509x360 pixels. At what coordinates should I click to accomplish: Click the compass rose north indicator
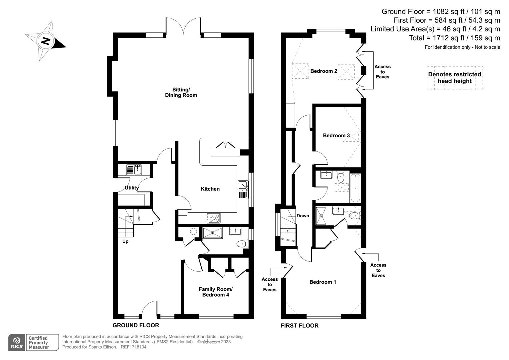click(x=46, y=41)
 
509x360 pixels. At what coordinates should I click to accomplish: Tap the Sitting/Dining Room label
click(x=181, y=92)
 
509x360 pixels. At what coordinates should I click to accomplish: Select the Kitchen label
click(x=210, y=189)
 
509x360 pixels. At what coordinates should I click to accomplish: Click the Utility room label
click(x=132, y=188)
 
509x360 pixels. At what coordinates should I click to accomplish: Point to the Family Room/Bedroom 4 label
click(x=215, y=292)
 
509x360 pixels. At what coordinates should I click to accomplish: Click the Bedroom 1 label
click(x=322, y=282)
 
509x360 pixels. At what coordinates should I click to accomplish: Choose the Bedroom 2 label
click(x=323, y=71)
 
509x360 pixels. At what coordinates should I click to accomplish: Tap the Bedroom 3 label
click(x=336, y=135)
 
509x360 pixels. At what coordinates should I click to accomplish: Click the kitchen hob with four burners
click(x=213, y=218)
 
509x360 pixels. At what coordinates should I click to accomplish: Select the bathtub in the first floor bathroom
click(x=355, y=188)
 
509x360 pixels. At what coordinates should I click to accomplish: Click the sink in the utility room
click(x=134, y=170)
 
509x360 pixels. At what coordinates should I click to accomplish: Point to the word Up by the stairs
click(x=125, y=241)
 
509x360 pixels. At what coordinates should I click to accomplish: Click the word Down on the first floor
click(x=303, y=216)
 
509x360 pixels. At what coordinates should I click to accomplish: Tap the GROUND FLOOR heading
click(x=136, y=325)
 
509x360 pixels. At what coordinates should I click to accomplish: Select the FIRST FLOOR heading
click(x=299, y=326)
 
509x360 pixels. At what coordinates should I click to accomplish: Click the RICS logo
click(x=16, y=342)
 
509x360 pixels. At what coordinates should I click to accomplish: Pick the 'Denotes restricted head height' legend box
click(x=455, y=78)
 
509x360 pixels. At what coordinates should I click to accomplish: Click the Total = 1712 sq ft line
click(x=454, y=38)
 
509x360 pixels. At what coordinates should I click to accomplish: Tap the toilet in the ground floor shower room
click(x=241, y=244)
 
